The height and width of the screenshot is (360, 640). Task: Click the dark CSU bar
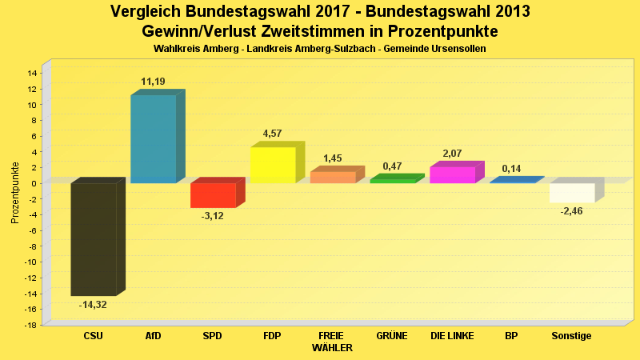[94, 239]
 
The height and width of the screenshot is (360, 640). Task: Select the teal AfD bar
[153, 139]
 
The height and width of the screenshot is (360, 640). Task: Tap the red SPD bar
[213, 195]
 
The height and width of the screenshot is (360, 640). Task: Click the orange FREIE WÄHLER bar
[333, 178]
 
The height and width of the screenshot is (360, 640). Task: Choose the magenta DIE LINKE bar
[452, 174]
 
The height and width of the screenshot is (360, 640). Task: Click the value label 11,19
[153, 82]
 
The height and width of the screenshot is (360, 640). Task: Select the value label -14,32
[93, 305]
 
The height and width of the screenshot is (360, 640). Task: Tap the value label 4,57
[272, 134]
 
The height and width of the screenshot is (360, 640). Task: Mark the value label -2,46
[571, 211]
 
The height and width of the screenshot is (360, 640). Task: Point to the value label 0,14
[511, 169]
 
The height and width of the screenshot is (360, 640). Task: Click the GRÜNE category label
[392, 336]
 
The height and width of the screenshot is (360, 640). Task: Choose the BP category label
[511, 336]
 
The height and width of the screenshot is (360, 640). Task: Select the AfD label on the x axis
[153, 336]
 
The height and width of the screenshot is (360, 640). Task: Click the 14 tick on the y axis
[32, 73]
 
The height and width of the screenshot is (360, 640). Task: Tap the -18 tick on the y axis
[31, 325]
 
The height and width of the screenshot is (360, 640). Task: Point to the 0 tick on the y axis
[34, 183]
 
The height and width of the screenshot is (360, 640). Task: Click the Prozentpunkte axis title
[15, 193]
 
